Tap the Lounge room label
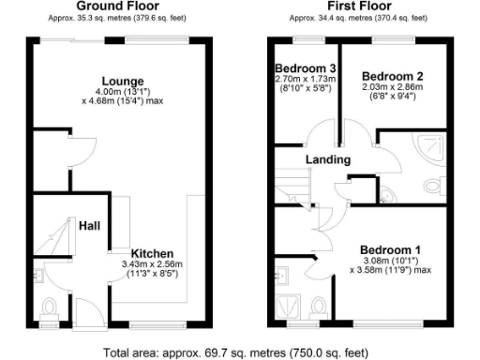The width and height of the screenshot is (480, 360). pyautogui.click(x=122, y=80)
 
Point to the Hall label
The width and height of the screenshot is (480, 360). pyautogui.click(x=90, y=225)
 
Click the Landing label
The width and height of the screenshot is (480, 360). pyautogui.click(x=328, y=159)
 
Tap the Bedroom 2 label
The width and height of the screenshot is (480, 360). pyautogui.click(x=393, y=75)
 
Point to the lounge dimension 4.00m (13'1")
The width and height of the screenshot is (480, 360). pyautogui.click(x=122, y=91)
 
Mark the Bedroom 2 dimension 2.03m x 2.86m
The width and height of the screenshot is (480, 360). pyautogui.click(x=393, y=86)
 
